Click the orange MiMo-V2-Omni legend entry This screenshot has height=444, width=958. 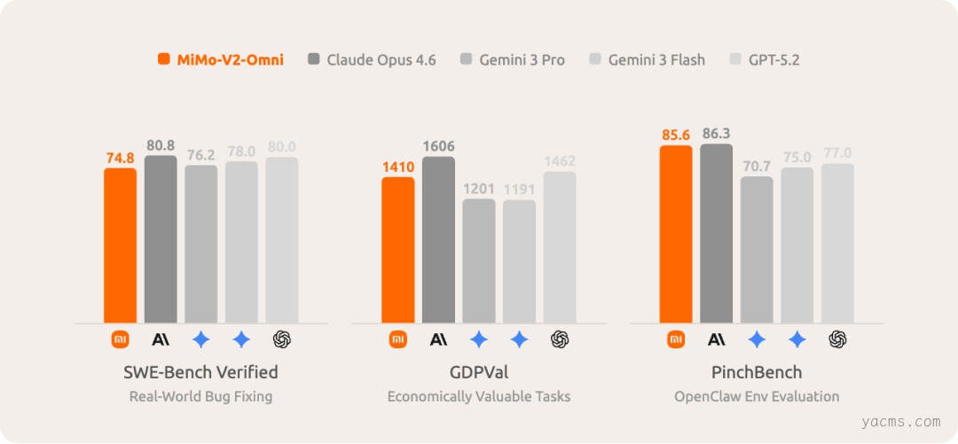click(x=220, y=60)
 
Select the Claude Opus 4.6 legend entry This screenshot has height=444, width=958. click(x=372, y=60)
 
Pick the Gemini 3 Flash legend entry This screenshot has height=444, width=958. click(x=647, y=60)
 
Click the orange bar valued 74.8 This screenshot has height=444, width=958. click(x=121, y=245)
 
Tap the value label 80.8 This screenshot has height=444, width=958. click(x=161, y=144)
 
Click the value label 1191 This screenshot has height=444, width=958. click(x=520, y=189)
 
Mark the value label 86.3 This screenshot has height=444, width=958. click(x=716, y=133)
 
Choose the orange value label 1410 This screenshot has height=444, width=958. click(x=398, y=165)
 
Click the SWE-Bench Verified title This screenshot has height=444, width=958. click(x=200, y=371)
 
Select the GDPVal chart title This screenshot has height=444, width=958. click(x=479, y=371)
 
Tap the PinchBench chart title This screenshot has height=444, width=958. click(x=757, y=371)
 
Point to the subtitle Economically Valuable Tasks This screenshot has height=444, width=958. click(x=479, y=396)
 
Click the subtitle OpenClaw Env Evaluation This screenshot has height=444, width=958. click(x=757, y=396)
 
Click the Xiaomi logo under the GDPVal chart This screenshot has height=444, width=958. click(x=398, y=339)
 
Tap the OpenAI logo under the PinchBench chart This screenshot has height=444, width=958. click(x=837, y=339)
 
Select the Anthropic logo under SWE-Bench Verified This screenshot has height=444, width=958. click(x=161, y=339)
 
